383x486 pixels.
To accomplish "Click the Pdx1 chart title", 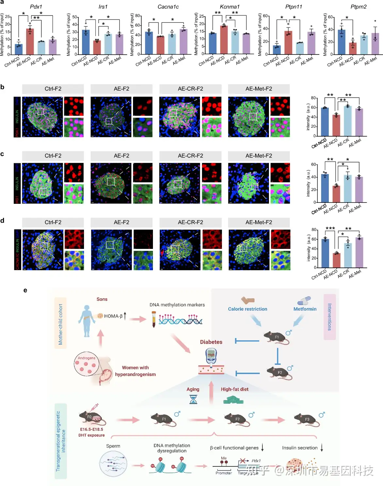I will click(x=36, y=7).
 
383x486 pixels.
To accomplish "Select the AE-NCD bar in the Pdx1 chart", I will click(x=30, y=42).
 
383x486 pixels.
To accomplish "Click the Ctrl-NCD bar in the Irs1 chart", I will click(x=86, y=42).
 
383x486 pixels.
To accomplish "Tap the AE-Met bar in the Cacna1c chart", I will click(x=184, y=42).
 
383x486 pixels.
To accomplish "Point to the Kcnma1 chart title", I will click(x=230, y=7).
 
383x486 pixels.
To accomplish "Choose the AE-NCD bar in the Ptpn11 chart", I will click(x=288, y=43).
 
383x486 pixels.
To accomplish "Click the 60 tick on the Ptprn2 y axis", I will click(x=330, y=17).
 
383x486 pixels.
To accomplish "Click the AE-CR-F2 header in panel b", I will click(x=190, y=89).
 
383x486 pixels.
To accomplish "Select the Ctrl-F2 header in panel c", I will click(x=53, y=156).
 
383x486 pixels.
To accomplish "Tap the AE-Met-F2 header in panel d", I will click(x=259, y=222).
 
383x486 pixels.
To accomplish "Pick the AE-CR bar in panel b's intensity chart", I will click(x=348, y=121).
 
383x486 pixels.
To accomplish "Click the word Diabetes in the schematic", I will click(x=211, y=342).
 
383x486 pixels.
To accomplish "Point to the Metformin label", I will click(x=305, y=309).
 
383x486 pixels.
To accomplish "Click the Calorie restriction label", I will click(x=247, y=309).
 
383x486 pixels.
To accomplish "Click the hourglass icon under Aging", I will click(x=193, y=399).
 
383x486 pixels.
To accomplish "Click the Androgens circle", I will click(x=87, y=364).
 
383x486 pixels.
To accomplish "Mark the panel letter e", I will click(x=25, y=290).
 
